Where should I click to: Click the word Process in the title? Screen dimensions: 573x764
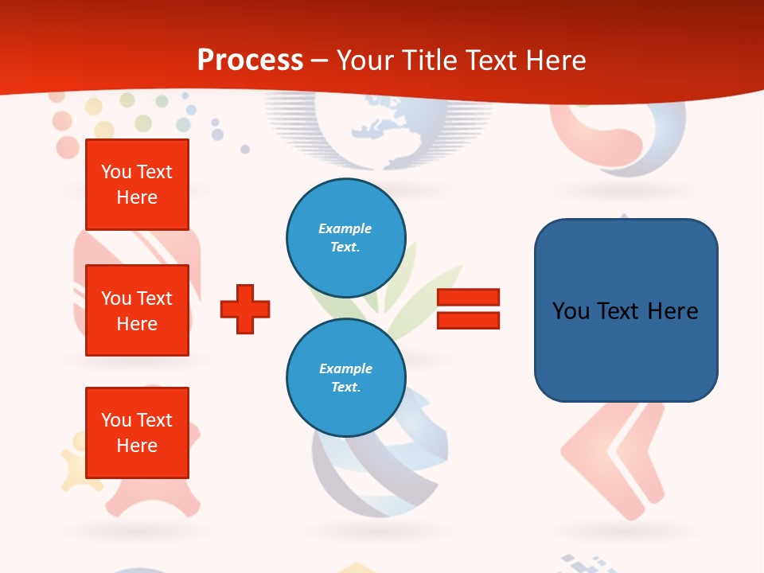point(250,60)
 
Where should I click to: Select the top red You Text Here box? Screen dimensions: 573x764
point(137,185)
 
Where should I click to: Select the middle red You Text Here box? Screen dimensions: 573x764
point(137,310)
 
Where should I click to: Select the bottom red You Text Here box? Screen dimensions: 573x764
point(137,433)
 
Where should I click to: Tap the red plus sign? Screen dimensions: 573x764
point(245,309)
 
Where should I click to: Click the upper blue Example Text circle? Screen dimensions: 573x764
point(346,238)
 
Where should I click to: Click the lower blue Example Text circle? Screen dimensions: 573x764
point(346,378)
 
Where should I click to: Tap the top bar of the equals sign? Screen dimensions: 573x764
point(468,298)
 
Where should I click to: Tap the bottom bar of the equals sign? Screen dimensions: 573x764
point(468,321)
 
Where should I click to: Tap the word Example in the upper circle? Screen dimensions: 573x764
point(345,229)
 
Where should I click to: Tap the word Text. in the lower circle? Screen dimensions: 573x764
point(346,388)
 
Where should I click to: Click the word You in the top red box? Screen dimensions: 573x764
point(116,172)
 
